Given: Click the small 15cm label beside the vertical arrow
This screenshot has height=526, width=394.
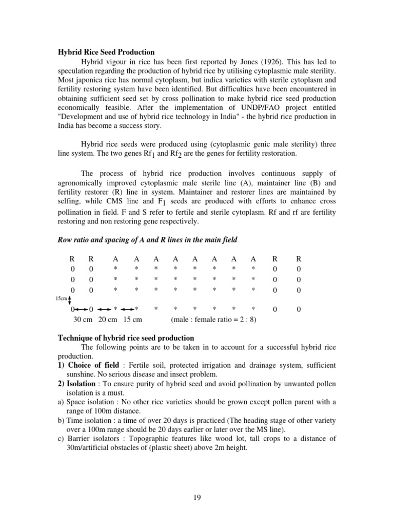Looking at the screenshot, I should (61, 298).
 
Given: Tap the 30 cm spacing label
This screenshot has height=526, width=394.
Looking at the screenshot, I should (83, 319).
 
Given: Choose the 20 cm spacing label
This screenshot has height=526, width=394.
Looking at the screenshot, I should (108, 319).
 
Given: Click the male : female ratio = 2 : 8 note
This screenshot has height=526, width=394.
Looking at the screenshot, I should (213, 319).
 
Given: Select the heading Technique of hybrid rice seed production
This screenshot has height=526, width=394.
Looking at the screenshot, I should (125, 338).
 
